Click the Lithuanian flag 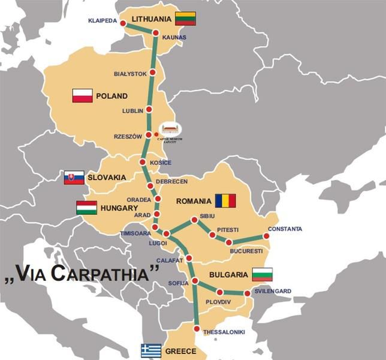185,19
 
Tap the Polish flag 82,95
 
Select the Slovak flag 74,178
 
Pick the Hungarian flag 86,208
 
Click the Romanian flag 226,200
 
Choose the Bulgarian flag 262,274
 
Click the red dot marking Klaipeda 123,23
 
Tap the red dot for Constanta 266,236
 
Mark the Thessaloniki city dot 197,328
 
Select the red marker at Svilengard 247,293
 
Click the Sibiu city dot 194,220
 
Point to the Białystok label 130,74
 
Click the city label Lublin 132,111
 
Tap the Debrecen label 171,181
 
